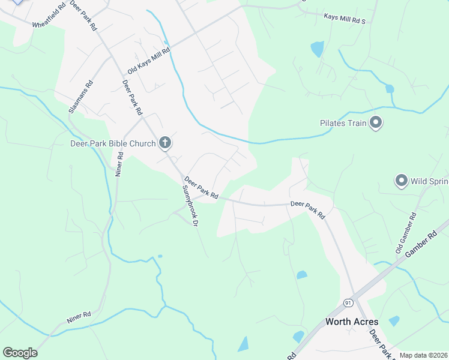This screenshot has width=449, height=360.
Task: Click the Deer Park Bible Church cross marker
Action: click(x=164, y=143)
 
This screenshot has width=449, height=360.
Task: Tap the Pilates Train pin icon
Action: click(x=376, y=123)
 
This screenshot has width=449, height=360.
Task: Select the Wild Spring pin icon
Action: click(x=401, y=180)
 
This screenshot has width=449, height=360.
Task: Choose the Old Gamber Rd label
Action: click(x=406, y=232)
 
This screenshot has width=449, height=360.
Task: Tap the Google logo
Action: click(x=20, y=353)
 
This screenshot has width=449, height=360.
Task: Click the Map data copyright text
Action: click(x=424, y=355)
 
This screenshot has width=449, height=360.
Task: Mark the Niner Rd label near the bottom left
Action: click(x=79, y=317)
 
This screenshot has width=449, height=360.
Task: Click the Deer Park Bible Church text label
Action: click(x=113, y=144)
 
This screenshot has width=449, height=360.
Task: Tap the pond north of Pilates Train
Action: click(x=317, y=49)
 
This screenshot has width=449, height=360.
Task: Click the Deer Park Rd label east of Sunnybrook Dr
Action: click(x=307, y=209)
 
